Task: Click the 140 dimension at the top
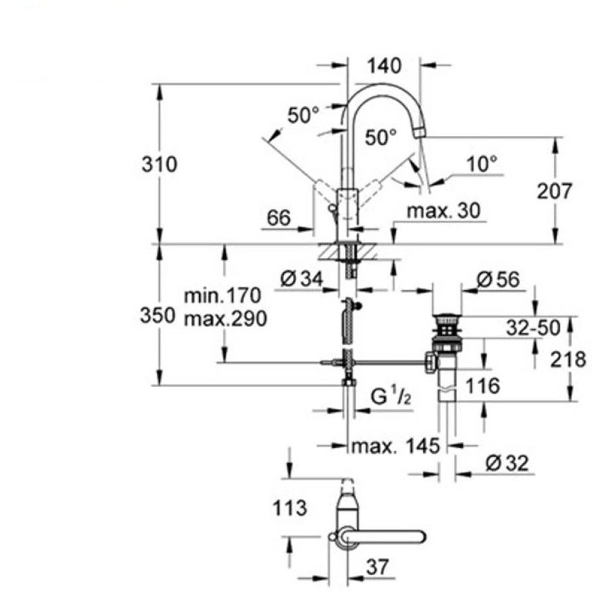384,66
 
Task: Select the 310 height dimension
159,164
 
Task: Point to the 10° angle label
481,164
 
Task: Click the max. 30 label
444,211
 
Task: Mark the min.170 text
223,295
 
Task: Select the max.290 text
226,319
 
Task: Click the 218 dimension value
567,360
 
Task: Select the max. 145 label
395,446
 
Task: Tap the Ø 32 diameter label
507,463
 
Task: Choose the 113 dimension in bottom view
289,508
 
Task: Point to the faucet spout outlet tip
421,132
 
